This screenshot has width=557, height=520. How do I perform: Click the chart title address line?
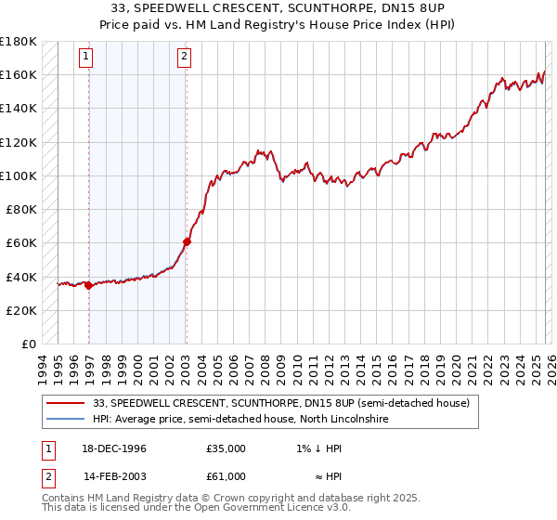click(x=278, y=6)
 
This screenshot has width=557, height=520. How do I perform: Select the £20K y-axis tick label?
click(x=21, y=310)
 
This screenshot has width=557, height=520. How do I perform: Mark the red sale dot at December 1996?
click(x=89, y=285)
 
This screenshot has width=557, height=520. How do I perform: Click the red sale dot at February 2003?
click(x=187, y=241)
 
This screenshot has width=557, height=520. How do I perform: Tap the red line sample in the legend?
click(x=66, y=403)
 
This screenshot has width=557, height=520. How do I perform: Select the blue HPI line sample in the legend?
click(x=66, y=420)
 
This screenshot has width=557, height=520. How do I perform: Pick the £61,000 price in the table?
click(x=226, y=475)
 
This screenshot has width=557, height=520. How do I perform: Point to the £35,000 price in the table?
click(x=226, y=448)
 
